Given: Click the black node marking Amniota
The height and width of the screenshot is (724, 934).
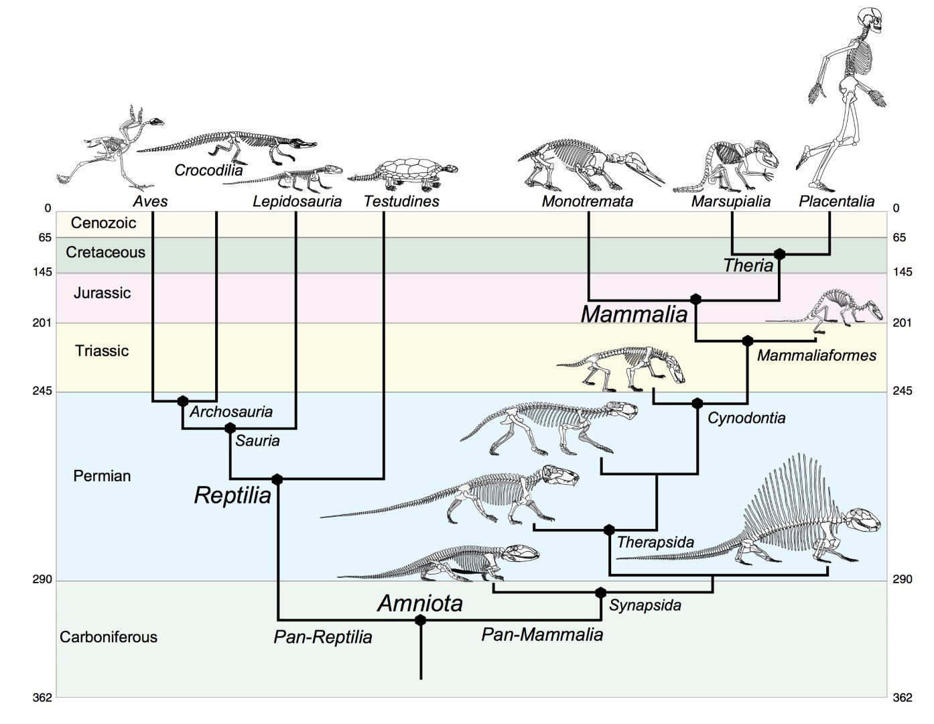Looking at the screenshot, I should tap(420, 620).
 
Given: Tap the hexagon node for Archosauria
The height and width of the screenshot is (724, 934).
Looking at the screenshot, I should tap(183, 401).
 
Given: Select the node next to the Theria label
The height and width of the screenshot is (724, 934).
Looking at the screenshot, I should tap(779, 254).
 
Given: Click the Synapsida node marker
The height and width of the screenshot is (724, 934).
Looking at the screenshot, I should tap(601, 593).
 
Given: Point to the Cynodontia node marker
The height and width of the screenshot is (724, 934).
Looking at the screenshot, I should tap(697, 404).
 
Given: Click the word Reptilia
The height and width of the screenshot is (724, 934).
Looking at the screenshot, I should tap(232, 495).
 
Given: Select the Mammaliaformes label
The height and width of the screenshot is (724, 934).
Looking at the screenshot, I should tap(816, 355).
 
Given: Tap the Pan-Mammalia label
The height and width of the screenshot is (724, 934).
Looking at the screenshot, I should tap(542, 634).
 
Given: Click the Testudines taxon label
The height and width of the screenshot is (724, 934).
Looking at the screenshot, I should tap(401, 201).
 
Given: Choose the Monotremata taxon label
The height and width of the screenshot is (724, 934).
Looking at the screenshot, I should tap(587, 201).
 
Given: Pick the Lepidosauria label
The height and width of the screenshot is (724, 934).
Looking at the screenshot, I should tap(297, 201).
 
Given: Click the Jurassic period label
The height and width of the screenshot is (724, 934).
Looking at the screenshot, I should tap(102, 293).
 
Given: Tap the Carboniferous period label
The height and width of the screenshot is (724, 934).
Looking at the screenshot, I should tap(109, 637).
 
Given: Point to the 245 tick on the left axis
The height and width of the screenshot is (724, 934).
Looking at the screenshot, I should tap(42, 391).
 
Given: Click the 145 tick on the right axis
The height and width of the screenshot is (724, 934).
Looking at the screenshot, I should tap(903, 272).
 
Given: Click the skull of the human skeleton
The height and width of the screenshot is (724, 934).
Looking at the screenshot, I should tap(872, 23).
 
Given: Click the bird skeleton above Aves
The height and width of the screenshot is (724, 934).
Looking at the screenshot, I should tap(121, 147).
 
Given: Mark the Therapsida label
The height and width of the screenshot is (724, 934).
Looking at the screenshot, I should tap(655, 542).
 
